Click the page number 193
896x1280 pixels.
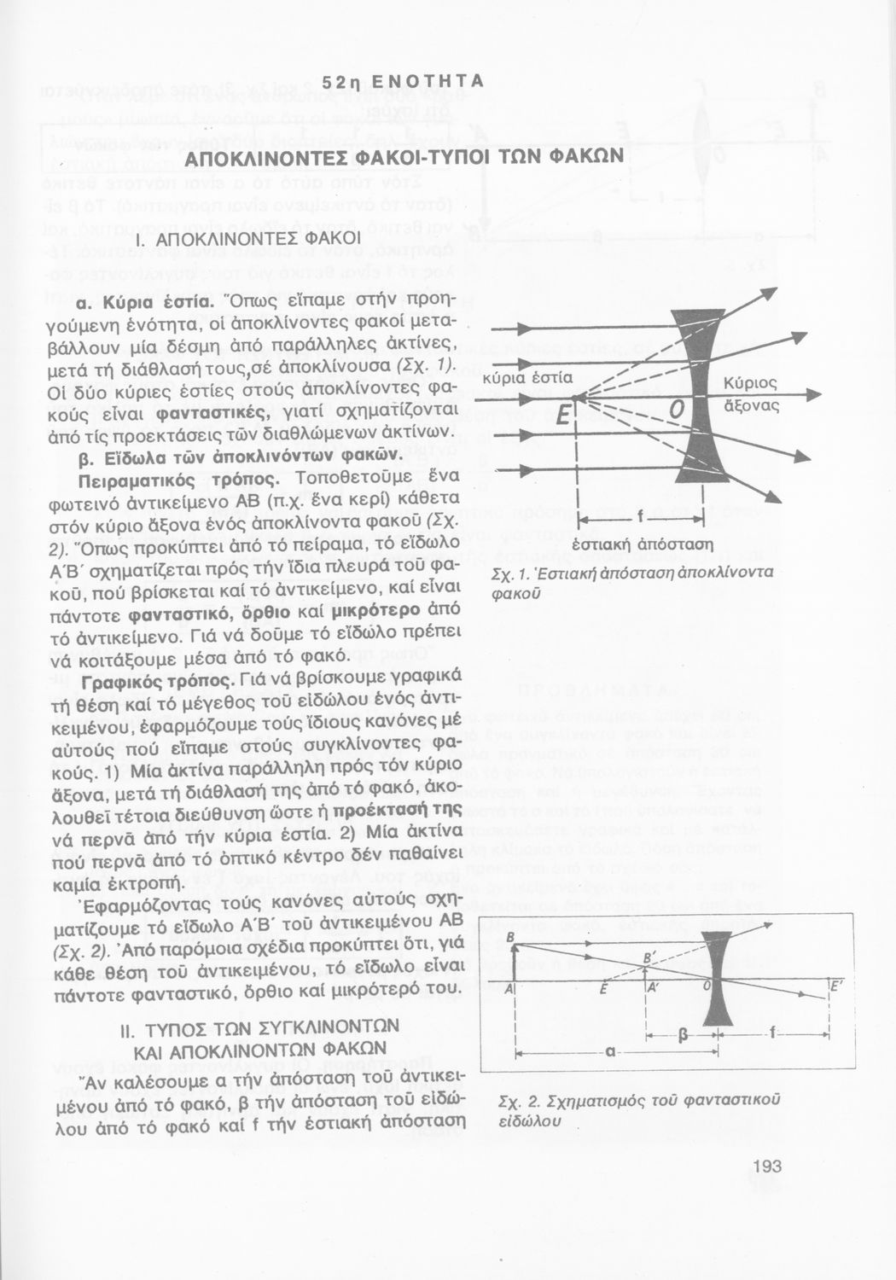[x=768, y=1167]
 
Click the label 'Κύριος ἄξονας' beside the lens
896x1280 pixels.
[x=751, y=393]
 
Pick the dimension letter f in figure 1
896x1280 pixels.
[x=639, y=520]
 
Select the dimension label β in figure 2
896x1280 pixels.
[x=683, y=1035]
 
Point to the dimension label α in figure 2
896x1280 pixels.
[x=611, y=1051]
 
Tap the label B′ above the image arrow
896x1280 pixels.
[x=649, y=958]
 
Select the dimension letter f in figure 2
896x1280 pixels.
[x=773, y=1034]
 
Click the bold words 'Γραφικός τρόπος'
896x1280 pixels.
[x=154, y=681]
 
